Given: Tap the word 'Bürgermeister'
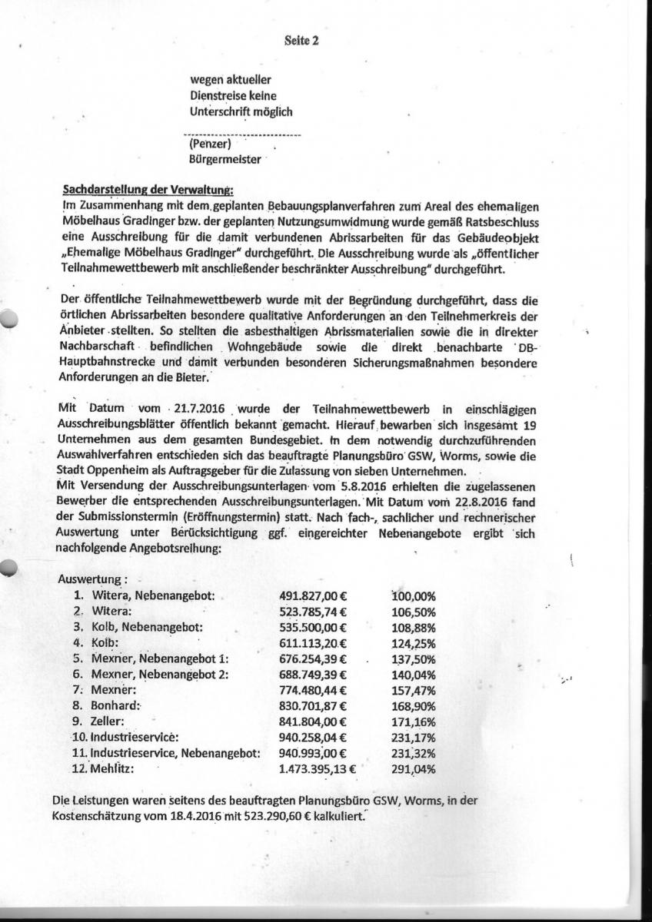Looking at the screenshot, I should tap(225, 161).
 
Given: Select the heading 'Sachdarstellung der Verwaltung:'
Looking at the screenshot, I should tap(148, 191).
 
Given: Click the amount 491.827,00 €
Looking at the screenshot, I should tap(312, 595).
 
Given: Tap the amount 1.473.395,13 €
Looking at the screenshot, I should tap(317, 768).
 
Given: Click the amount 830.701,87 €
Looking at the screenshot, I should tap(312, 705).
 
